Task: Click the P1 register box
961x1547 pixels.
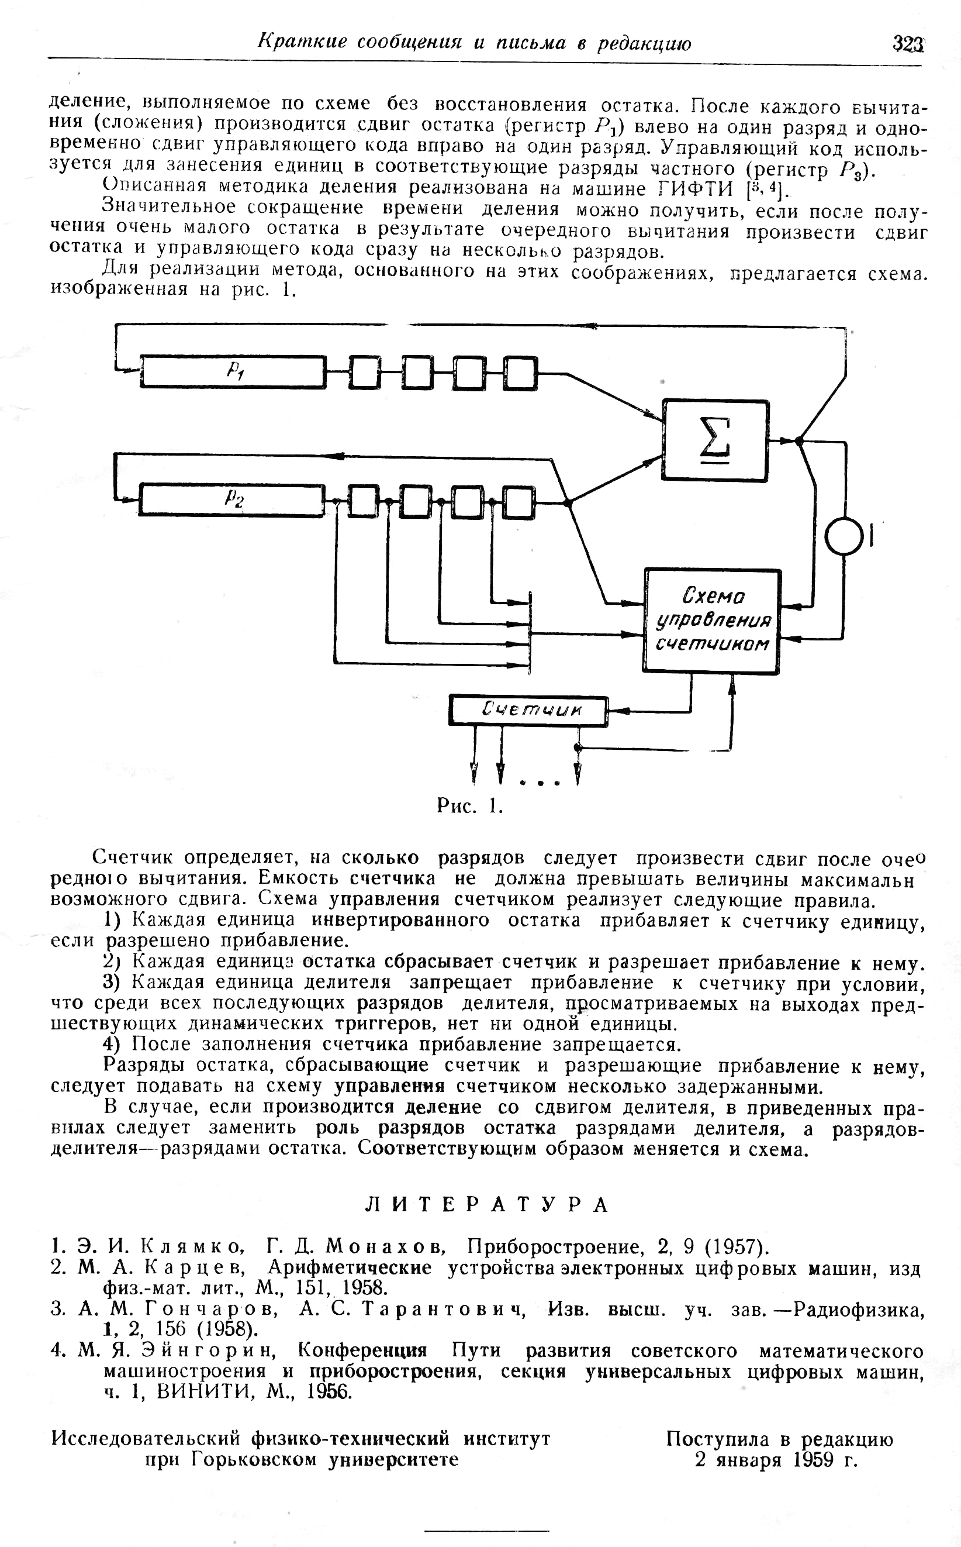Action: click(x=233, y=372)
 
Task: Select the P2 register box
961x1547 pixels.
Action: click(x=233, y=499)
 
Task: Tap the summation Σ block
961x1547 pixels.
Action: click(x=715, y=440)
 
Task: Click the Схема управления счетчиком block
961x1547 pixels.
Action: click(x=712, y=621)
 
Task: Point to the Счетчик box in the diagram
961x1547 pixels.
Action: click(x=528, y=710)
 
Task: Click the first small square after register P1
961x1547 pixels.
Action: click(x=364, y=372)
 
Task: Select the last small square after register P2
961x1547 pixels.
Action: click(x=518, y=501)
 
